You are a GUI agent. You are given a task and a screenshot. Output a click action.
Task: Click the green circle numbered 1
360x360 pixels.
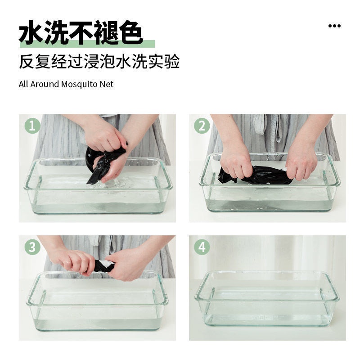(x=32, y=126)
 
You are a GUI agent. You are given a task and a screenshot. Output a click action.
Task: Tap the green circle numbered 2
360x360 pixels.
(x=202, y=126)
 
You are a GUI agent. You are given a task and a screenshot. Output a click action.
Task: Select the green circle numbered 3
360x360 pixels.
(x=32, y=247)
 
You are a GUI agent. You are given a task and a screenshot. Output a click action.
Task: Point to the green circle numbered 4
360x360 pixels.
(x=202, y=247)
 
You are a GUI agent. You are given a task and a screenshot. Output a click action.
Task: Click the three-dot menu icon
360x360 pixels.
(x=334, y=26)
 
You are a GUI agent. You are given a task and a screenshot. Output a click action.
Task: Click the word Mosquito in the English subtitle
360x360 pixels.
(x=79, y=85)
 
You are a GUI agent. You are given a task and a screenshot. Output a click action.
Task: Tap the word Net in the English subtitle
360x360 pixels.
(x=106, y=84)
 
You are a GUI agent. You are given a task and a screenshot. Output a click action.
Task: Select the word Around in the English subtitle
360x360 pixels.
(x=45, y=84)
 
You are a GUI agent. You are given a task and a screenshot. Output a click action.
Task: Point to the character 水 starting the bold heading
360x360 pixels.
(x=31, y=32)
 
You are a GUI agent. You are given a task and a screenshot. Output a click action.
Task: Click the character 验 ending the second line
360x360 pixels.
(x=172, y=61)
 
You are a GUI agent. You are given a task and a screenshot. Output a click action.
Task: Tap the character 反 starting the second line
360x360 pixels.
(x=27, y=61)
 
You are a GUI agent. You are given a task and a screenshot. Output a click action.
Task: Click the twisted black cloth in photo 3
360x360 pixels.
(x=104, y=266)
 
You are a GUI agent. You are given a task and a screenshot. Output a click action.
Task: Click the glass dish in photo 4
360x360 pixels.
(x=267, y=298)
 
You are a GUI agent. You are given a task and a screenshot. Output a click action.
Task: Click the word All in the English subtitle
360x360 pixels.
(x=23, y=84)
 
